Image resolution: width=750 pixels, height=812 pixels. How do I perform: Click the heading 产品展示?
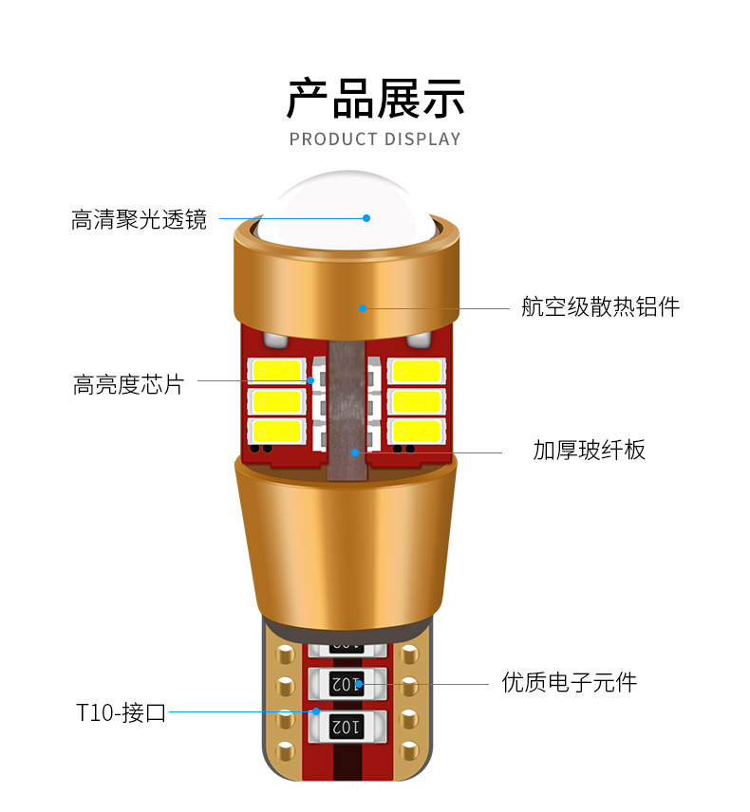(375, 98)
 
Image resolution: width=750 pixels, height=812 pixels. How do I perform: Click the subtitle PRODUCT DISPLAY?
(375, 139)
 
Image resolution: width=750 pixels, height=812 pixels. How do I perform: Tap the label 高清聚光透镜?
(139, 220)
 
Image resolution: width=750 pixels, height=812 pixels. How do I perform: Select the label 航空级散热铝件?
(600, 306)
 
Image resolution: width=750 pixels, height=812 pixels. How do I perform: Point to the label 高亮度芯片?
(128, 384)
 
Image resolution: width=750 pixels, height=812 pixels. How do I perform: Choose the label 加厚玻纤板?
(589, 450)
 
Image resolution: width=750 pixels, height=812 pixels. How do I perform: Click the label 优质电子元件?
(569, 681)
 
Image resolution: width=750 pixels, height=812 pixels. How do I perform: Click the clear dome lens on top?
(347, 199)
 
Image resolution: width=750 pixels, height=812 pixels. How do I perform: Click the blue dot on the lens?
(366, 218)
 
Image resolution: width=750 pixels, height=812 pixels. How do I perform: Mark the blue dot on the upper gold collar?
(362, 307)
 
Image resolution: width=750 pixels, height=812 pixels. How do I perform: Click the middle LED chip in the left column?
(275, 400)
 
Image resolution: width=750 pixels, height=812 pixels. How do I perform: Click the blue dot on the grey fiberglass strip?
(356, 452)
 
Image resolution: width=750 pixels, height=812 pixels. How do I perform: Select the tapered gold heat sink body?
(346, 531)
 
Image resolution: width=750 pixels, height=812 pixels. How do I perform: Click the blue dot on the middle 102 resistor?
(361, 681)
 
